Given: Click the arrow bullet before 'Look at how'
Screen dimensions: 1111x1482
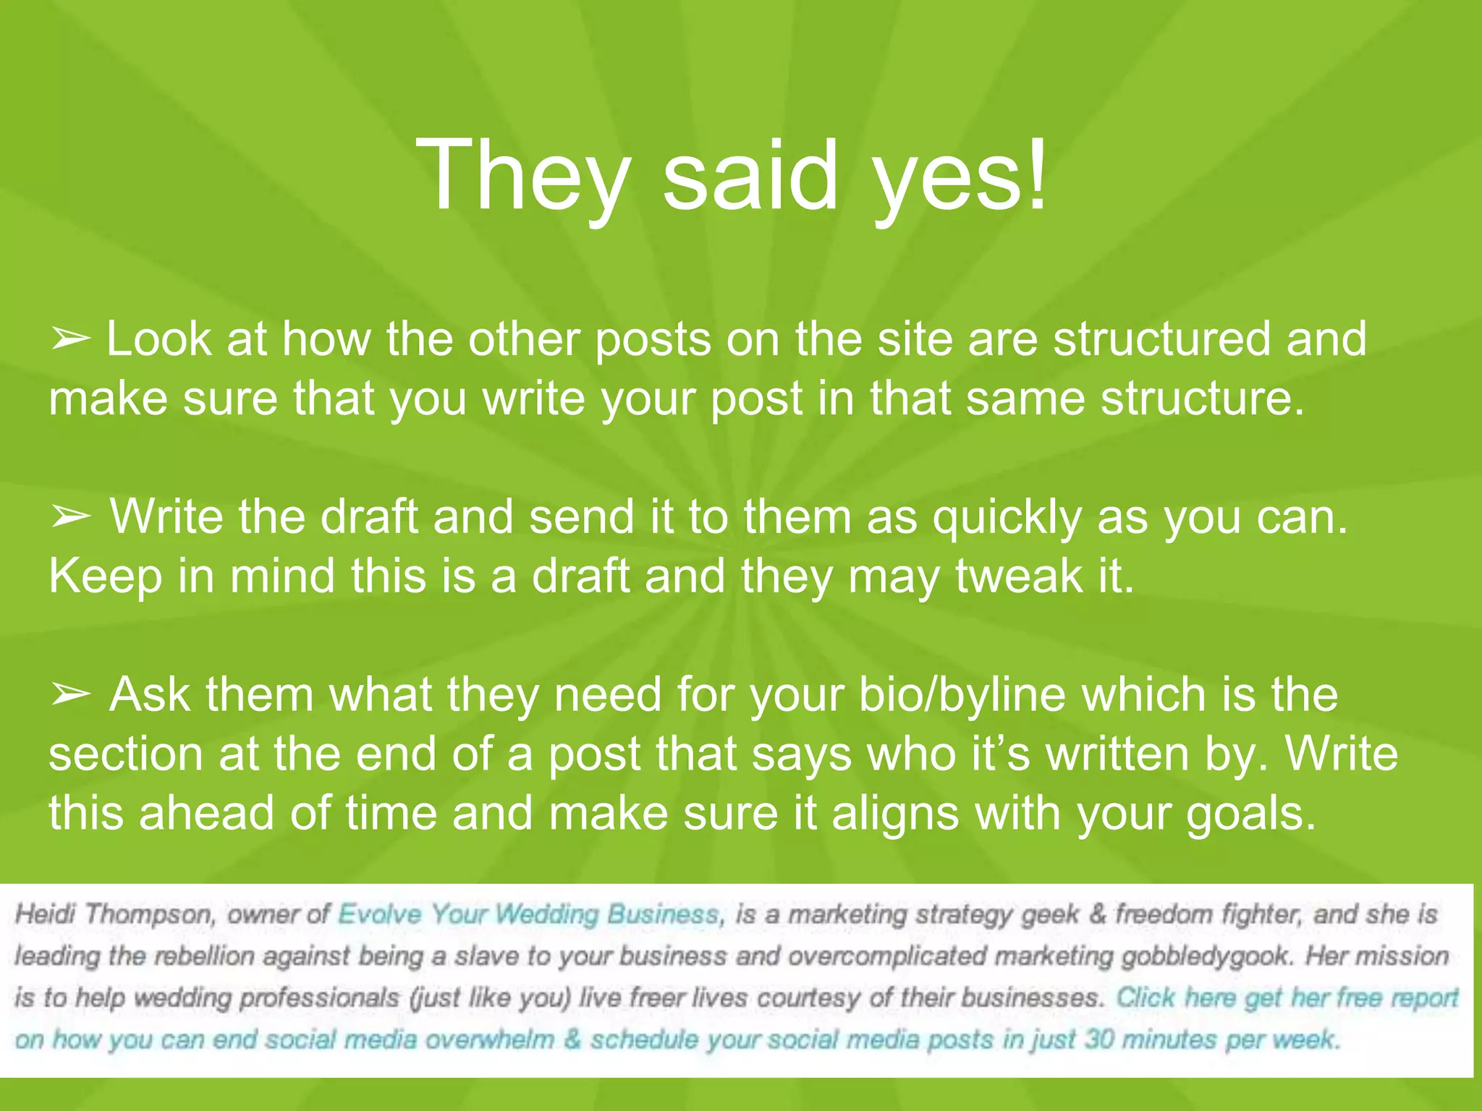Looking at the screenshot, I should (x=70, y=339).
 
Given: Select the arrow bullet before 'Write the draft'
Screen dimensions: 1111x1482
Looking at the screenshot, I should (x=70, y=517).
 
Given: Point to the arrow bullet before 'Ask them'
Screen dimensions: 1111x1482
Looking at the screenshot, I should (x=70, y=695).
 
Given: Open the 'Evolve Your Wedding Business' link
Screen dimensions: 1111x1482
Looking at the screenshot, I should (x=529, y=915).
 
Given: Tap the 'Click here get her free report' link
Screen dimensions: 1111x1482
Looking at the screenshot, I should (x=1287, y=998).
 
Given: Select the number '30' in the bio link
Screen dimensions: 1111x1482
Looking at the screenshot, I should (x=1098, y=1040).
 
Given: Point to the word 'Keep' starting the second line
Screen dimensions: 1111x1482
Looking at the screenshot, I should (x=106, y=576).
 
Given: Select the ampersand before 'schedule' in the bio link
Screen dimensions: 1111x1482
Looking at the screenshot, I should (x=572, y=1040).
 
